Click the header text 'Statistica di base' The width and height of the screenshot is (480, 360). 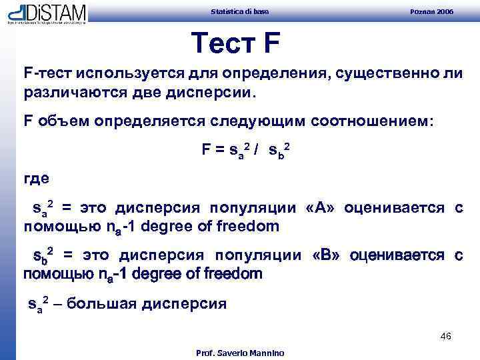[x=240, y=12]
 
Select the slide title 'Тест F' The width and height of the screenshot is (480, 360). [x=235, y=44]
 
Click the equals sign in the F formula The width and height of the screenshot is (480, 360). [x=219, y=151]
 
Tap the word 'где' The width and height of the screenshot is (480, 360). [x=37, y=180]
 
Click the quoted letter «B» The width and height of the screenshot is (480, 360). [x=327, y=256]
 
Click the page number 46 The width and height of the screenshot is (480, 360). [x=446, y=336]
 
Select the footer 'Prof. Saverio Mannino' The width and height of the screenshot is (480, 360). [x=240, y=353]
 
